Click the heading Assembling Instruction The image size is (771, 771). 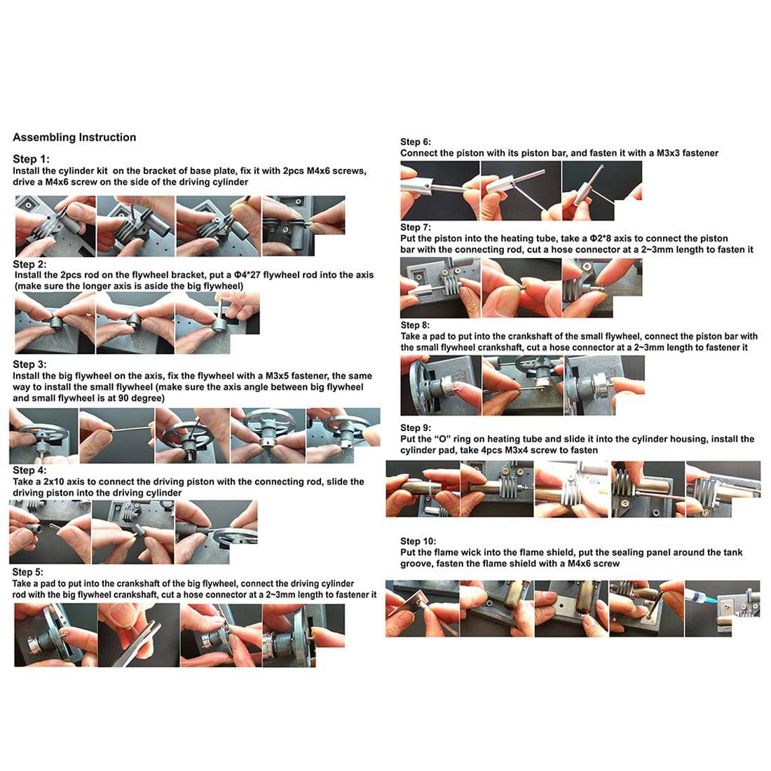point(74,137)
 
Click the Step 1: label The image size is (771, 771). point(31,159)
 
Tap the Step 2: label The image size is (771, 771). point(29,264)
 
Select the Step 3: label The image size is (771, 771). point(29,364)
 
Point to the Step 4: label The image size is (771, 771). point(29,470)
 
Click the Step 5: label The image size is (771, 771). point(28,572)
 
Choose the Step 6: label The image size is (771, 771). point(416,142)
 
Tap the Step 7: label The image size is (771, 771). point(416,227)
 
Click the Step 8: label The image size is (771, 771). point(415,325)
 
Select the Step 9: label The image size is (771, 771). point(416,428)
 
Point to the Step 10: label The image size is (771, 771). point(418,541)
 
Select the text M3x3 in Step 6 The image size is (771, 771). point(668,153)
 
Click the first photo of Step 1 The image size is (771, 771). point(55,226)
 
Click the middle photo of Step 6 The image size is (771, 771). point(521,191)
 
